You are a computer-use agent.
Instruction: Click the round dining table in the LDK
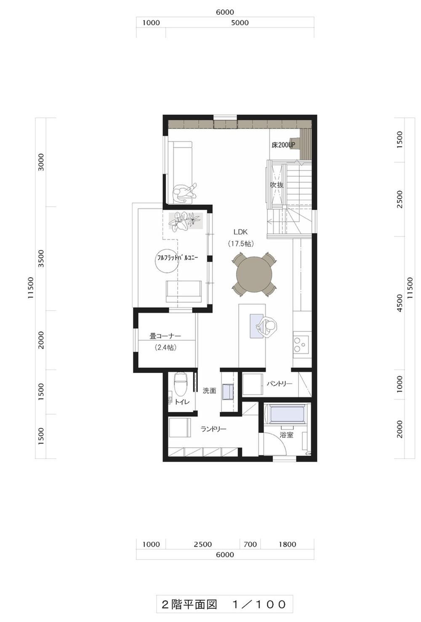click(254, 274)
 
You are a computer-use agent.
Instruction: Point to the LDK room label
click(240, 232)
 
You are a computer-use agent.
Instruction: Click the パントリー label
click(280, 384)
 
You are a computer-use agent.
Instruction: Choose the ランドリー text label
click(213, 429)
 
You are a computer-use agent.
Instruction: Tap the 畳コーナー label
click(165, 336)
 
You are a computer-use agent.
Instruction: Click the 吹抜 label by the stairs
click(277, 185)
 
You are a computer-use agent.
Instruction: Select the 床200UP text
click(283, 145)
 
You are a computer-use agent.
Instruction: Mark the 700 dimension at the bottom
click(250, 544)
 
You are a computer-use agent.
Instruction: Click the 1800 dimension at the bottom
click(287, 544)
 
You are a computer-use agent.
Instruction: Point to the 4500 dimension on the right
click(400, 303)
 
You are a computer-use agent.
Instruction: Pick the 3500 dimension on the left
click(41, 259)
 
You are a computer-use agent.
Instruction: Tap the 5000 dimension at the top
click(240, 23)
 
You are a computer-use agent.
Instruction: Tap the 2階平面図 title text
click(189, 604)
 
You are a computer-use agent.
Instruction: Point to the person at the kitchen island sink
click(266, 327)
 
